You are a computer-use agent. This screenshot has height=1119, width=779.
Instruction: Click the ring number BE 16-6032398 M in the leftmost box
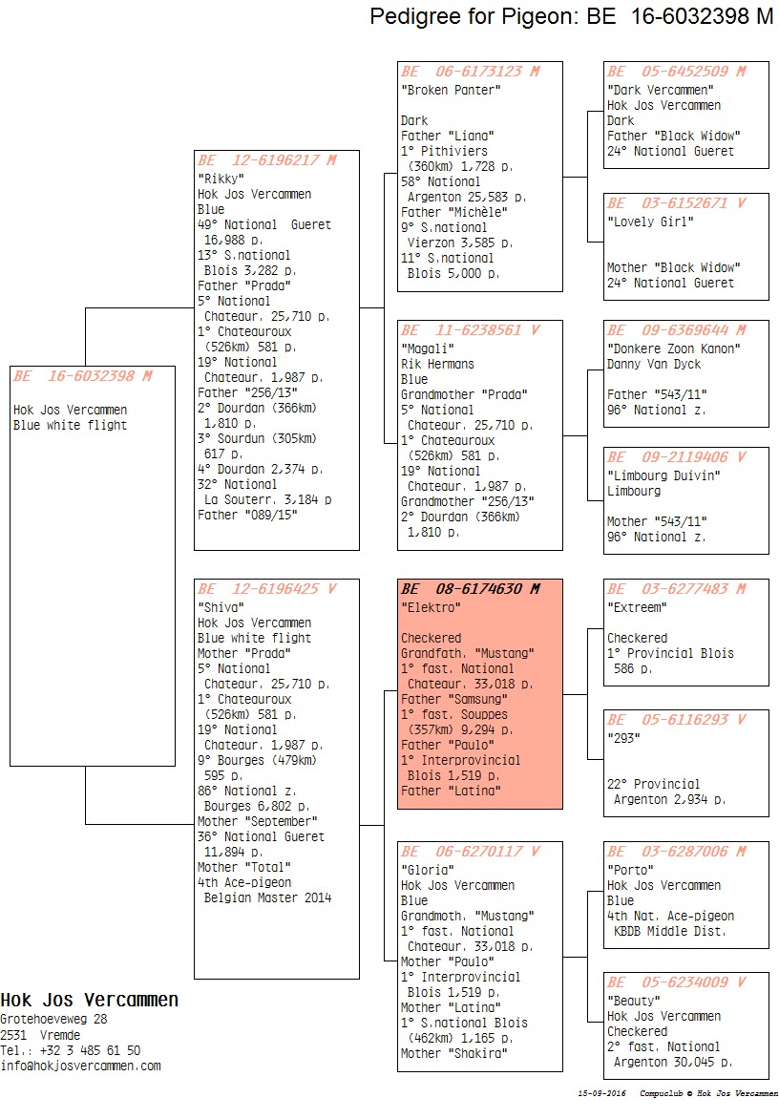tap(83, 376)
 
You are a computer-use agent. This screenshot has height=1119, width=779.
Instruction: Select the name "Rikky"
tap(221, 179)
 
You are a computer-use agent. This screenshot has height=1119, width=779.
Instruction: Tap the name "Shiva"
tap(221, 607)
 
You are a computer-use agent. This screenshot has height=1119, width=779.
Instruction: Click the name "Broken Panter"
tap(451, 90)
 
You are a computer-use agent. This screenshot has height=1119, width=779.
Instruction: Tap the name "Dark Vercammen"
tap(660, 90)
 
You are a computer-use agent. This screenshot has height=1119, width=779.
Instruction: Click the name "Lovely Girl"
tap(650, 222)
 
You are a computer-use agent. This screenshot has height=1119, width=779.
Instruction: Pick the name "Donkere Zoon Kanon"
tap(673, 348)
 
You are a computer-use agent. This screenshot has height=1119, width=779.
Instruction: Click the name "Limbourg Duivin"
tap(663, 475)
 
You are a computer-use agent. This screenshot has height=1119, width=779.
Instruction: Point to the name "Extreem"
tap(637, 607)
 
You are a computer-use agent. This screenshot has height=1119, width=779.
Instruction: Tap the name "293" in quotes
tap(623, 738)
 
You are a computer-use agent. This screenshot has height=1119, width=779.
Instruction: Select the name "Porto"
tap(630, 870)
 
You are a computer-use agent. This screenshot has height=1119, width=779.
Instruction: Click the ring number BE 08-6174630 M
tap(471, 589)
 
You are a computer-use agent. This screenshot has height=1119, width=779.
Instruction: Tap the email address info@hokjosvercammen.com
tap(80, 1066)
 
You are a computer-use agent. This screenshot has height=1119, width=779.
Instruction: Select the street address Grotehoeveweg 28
tap(53, 1019)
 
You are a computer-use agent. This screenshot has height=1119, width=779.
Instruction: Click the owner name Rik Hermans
tap(437, 364)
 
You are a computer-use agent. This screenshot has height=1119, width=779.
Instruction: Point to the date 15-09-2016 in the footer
tap(601, 1093)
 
